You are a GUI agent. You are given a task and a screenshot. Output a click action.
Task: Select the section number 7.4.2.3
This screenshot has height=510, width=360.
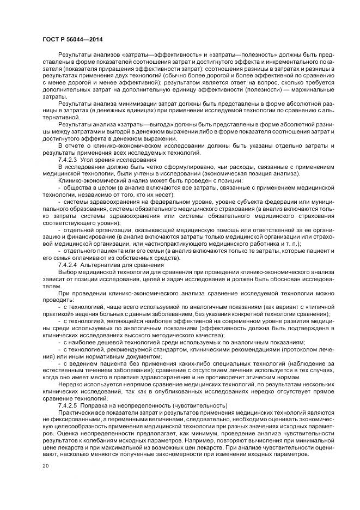[x=69, y=160]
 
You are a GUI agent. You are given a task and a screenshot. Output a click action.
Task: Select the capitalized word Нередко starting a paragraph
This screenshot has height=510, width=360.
[x=70, y=384]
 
